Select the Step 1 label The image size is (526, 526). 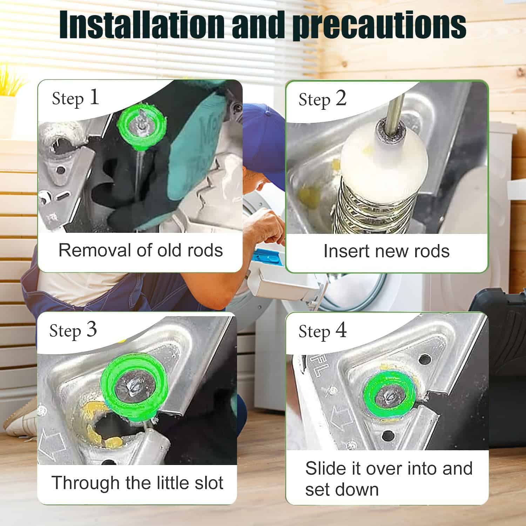click(x=75, y=98)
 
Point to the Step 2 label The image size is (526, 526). click(x=322, y=99)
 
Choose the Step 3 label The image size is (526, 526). click(x=73, y=331)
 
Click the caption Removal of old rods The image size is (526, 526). click(x=141, y=250)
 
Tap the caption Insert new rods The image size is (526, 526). click(x=386, y=251)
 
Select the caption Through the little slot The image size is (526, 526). click(x=137, y=483)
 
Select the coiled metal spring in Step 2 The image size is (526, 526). click(x=371, y=210)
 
